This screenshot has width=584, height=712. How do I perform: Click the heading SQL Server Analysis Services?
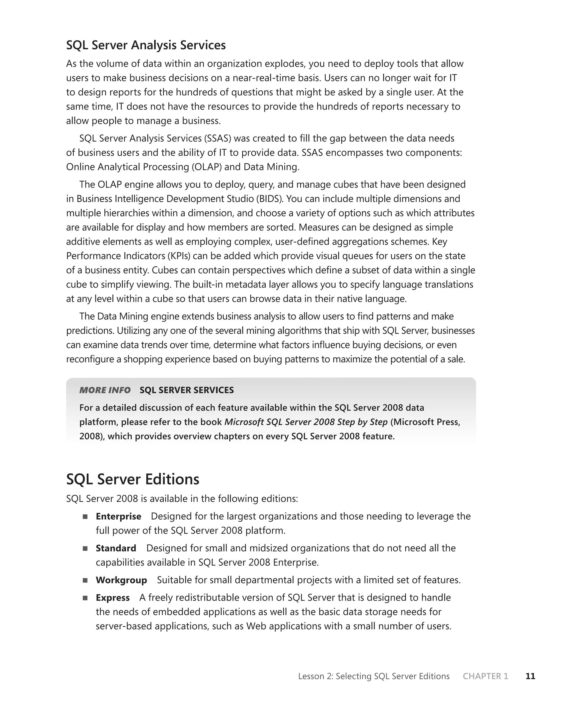click(146, 45)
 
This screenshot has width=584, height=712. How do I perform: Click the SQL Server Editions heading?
click(133, 479)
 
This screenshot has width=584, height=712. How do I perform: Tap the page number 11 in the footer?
click(530, 676)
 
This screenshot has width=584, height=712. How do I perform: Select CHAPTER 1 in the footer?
click(485, 676)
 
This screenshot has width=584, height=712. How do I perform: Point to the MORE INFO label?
click(105, 390)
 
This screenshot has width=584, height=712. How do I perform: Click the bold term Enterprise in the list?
click(118, 516)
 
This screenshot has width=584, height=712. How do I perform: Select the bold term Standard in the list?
click(116, 548)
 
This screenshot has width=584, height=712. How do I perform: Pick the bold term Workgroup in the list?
click(121, 580)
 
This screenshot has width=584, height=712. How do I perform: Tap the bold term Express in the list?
click(112, 598)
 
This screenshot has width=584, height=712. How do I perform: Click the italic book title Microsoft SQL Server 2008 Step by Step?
click(306, 422)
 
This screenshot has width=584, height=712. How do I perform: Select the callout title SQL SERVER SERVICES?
click(187, 390)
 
